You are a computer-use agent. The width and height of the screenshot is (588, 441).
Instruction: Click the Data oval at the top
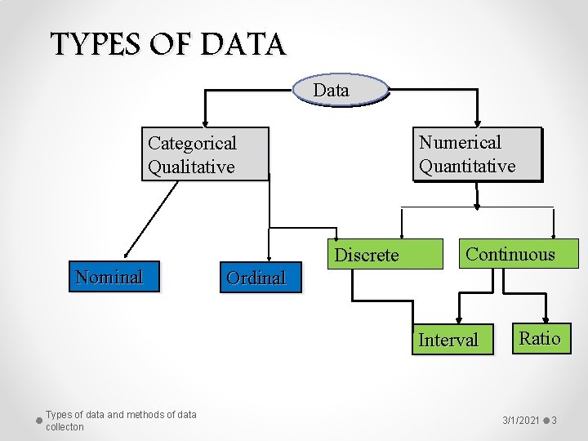click(x=332, y=90)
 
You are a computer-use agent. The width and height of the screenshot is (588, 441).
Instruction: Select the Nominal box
click(x=109, y=277)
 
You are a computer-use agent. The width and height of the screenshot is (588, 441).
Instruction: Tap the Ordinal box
click(x=256, y=278)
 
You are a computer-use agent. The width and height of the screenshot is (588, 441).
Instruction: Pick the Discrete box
click(x=367, y=255)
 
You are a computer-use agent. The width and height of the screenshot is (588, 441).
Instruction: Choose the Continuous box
click(x=510, y=254)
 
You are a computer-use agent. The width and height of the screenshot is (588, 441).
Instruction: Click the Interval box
click(x=448, y=340)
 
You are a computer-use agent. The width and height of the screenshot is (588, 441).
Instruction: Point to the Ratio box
click(x=540, y=338)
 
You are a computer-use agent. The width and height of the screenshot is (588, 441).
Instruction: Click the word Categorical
click(x=192, y=144)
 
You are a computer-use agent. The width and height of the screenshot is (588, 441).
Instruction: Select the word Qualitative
click(x=191, y=167)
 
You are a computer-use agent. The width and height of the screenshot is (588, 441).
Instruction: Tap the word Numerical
click(x=460, y=142)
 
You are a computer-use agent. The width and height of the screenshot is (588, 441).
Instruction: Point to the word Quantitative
click(x=467, y=166)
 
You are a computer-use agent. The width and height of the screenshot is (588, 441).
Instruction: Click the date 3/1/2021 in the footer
click(x=521, y=420)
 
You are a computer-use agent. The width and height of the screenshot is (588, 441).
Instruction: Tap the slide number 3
click(x=554, y=420)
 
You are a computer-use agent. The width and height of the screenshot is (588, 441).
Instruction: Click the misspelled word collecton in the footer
click(x=65, y=427)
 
